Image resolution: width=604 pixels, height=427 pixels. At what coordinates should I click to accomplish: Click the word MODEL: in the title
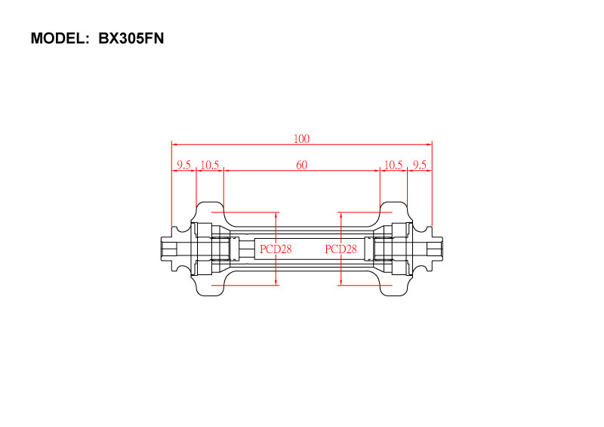click(x=60, y=39)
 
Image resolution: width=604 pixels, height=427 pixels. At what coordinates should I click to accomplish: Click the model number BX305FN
click(x=131, y=39)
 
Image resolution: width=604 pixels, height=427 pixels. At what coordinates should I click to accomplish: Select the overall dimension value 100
click(x=301, y=138)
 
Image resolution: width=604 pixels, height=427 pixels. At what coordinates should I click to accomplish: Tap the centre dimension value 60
click(x=301, y=165)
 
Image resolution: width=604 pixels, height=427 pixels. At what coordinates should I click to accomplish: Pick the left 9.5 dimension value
click(x=183, y=165)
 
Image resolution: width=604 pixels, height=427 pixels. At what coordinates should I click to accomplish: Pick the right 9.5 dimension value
click(x=420, y=165)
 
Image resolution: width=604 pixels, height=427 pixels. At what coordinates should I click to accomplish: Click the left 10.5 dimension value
click(x=210, y=165)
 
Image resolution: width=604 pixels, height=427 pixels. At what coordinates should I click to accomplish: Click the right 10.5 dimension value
click(x=393, y=165)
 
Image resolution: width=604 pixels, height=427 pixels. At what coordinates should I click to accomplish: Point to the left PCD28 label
click(x=276, y=249)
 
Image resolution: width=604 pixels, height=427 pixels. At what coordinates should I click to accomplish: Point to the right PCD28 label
click(x=341, y=249)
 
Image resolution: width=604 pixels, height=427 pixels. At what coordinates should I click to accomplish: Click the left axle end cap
click(x=168, y=249)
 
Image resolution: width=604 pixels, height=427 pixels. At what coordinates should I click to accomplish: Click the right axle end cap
click(x=435, y=249)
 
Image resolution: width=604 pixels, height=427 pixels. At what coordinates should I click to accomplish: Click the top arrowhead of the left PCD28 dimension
click(x=276, y=215)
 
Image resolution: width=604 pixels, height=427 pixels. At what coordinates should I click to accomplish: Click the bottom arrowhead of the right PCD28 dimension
click(x=341, y=283)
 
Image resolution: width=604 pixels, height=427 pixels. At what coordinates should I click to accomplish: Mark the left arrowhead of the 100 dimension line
click(x=174, y=144)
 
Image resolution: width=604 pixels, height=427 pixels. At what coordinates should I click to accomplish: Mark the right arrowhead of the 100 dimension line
click(x=429, y=144)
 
